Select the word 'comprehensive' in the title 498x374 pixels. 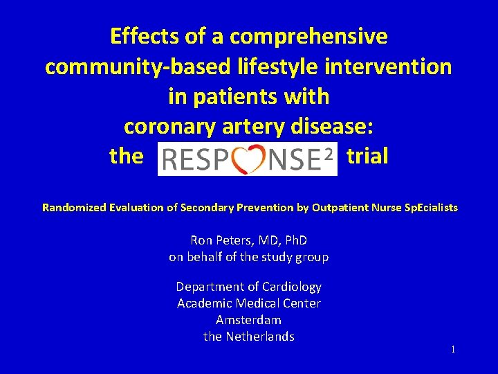tap(309, 36)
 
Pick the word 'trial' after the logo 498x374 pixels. tap(367, 157)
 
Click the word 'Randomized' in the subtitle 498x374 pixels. tap(73, 207)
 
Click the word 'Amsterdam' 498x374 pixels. tap(248, 320)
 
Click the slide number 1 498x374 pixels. tap(453, 350)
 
